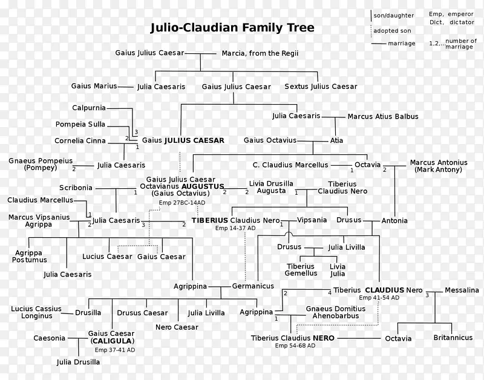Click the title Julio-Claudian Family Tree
click(x=232, y=28)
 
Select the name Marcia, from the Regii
click(x=260, y=53)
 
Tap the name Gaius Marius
click(x=94, y=86)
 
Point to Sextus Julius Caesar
click(x=321, y=87)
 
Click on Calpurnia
click(x=89, y=108)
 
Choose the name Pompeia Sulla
click(x=80, y=124)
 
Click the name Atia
click(x=336, y=140)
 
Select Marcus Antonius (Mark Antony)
click(x=439, y=166)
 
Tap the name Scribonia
click(x=76, y=188)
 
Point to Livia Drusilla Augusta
click(x=271, y=187)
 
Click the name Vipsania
click(x=312, y=220)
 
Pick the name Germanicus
click(x=253, y=286)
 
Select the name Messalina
click(x=462, y=290)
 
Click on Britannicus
click(x=452, y=338)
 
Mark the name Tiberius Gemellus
click(x=301, y=269)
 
